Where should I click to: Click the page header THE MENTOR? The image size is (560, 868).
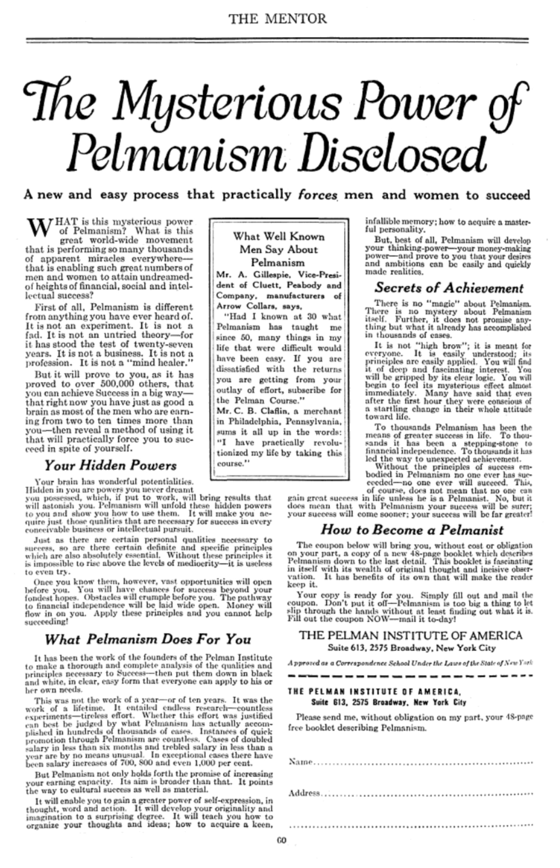coord(278,19)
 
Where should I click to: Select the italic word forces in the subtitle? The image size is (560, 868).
coord(318,195)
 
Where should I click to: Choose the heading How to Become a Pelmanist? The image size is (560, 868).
coord(412,530)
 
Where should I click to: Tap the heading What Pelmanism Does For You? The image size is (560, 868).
coord(148,639)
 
